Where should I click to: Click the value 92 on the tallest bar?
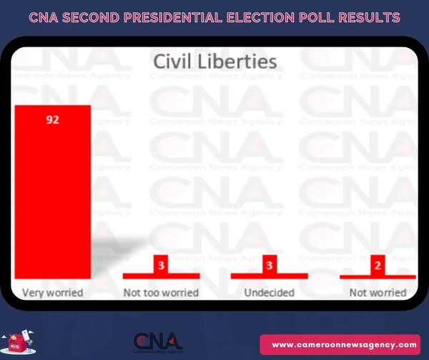pos(52,120)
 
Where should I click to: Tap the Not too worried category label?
pos(162,293)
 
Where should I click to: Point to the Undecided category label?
pos(268,293)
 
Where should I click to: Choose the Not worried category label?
pos(378,293)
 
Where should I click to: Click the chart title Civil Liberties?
pos(215,62)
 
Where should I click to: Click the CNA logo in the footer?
pos(157,341)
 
